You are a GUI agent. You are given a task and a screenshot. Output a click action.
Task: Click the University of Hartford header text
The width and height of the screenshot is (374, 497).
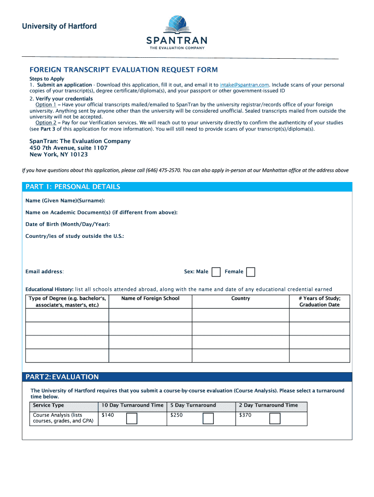point(59,26)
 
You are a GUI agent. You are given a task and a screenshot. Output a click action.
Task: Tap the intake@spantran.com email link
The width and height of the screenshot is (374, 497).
point(244,85)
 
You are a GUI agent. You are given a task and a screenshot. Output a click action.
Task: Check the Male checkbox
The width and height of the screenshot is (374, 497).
point(216,272)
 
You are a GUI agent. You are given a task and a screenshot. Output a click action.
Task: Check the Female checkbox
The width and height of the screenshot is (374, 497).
point(251,272)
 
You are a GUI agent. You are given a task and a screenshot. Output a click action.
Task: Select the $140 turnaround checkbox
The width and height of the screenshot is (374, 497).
point(132,418)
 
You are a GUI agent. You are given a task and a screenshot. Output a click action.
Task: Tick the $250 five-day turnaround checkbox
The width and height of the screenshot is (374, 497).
point(208,418)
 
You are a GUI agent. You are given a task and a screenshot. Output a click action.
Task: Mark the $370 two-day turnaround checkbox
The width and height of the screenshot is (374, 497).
point(275,418)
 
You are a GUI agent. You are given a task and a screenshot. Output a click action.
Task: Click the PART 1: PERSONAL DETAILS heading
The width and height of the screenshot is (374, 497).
point(73,187)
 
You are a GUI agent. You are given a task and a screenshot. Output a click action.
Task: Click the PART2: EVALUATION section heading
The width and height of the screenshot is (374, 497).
point(62,377)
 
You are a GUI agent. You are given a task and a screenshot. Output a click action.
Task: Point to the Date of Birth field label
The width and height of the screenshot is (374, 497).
point(68,224)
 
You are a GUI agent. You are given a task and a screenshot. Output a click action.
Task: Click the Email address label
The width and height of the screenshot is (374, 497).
point(44,272)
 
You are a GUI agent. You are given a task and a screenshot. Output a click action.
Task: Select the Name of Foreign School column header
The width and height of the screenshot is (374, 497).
point(150,298)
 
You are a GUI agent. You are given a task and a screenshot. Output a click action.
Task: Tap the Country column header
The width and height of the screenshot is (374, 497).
point(240,298)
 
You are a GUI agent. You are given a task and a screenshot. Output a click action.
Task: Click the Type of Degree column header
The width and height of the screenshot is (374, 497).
point(67,301)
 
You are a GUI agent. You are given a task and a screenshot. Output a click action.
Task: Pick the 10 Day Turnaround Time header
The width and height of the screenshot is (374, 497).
point(132,405)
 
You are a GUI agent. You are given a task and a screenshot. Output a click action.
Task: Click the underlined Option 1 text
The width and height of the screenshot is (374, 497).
point(46,105)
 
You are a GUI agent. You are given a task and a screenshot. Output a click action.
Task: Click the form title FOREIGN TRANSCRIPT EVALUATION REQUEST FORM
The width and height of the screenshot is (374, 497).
point(123,70)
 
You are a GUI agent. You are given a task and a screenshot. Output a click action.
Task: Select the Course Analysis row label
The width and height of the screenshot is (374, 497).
point(63,418)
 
